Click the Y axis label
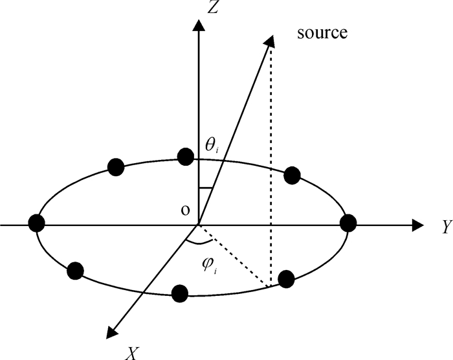(x=446, y=226)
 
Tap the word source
(x=322, y=32)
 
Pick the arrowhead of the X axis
(x=113, y=332)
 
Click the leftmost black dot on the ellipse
(x=37, y=223)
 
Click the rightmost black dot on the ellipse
(x=348, y=223)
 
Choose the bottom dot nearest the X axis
(x=181, y=293)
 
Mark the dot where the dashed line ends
(x=285, y=279)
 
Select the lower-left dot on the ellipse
(x=76, y=270)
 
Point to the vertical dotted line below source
(x=271, y=162)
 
